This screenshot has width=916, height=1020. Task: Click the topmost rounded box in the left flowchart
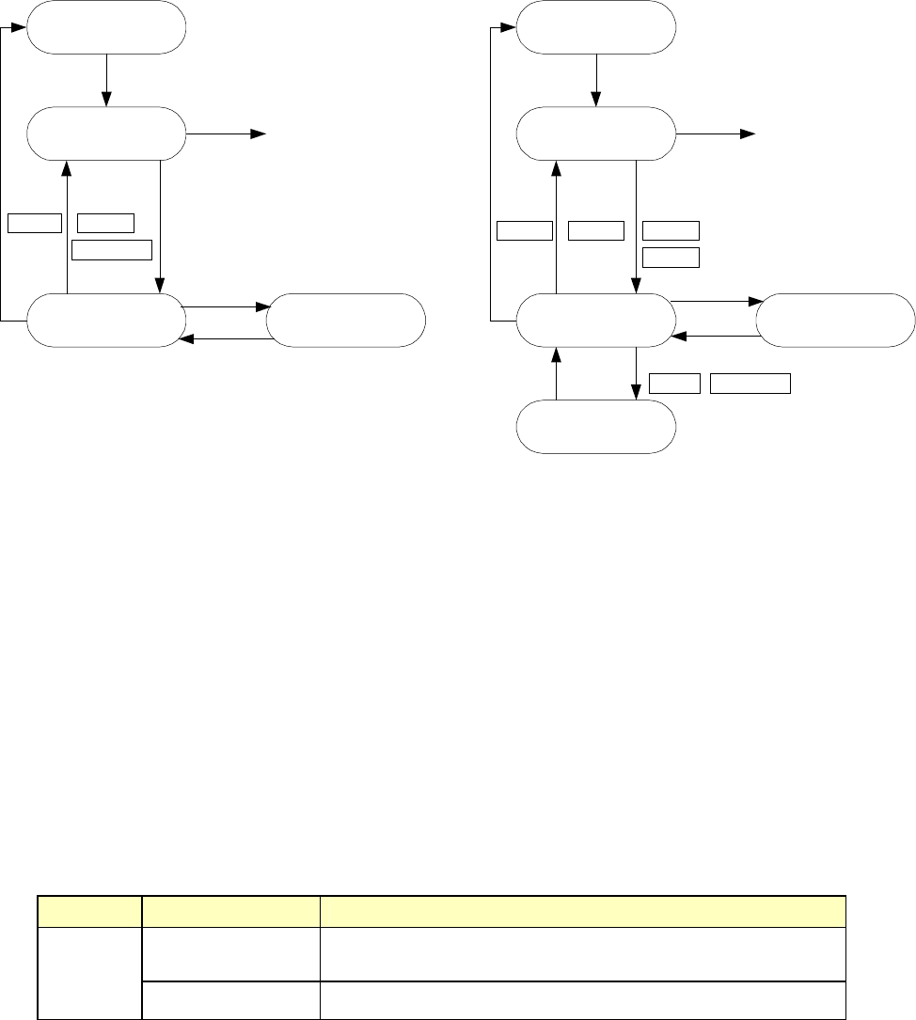105,28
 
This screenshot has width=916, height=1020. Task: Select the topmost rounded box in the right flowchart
596,28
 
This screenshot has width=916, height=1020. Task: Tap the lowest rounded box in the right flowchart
596,427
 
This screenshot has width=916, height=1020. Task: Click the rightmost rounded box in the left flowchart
346,321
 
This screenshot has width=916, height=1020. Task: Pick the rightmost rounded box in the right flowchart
835,321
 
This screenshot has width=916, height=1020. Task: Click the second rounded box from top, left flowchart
105,134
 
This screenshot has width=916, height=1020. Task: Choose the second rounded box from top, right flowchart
596,134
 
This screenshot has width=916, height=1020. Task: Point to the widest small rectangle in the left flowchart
112,249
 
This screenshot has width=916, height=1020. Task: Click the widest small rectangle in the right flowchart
750,383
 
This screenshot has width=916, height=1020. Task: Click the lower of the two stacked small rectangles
671,258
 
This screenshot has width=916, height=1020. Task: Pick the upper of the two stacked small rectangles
671,230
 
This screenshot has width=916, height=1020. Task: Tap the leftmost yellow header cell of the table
89,912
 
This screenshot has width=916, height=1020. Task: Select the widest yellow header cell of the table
580,912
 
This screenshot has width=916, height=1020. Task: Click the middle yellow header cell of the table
230,912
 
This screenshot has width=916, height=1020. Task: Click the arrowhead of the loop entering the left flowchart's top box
21,28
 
